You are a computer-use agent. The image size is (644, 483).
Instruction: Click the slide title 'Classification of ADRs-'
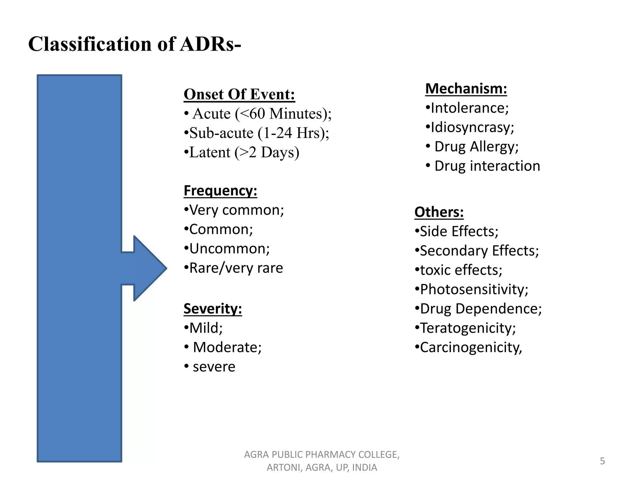click(x=135, y=44)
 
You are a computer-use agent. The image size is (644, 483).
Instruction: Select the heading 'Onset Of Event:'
click(x=239, y=94)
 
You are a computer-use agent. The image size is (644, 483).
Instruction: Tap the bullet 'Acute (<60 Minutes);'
click(x=262, y=114)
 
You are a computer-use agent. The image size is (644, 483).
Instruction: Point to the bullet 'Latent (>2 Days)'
click(x=244, y=153)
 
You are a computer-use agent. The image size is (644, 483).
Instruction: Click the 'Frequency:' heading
click(x=220, y=191)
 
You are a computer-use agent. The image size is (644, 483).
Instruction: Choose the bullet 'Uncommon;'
click(x=230, y=249)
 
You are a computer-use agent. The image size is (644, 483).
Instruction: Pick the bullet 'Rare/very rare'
click(x=236, y=268)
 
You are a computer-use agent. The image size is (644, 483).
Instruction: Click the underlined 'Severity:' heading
click(x=213, y=309)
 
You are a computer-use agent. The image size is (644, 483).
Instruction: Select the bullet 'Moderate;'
click(x=227, y=347)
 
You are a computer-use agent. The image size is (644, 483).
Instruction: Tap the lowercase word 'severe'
click(x=214, y=367)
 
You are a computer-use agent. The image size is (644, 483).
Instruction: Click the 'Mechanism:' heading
click(x=466, y=89)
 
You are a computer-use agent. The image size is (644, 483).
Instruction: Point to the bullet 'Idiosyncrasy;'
click(x=472, y=127)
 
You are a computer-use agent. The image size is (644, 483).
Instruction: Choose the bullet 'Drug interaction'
click(x=487, y=166)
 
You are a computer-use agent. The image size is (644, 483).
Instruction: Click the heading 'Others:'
click(x=439, y=212)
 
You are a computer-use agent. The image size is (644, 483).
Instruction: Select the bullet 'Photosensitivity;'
click(x=474, y=289)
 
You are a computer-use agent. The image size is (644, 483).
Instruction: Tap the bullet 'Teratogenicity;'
click(x=468, y=328)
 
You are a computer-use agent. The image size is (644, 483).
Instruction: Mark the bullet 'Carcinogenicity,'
click(x=471, y=347)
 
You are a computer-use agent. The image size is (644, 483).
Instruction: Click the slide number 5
click(x=602, y=461)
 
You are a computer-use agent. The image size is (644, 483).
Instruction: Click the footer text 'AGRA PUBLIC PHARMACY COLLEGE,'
click(x=322, y=455)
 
